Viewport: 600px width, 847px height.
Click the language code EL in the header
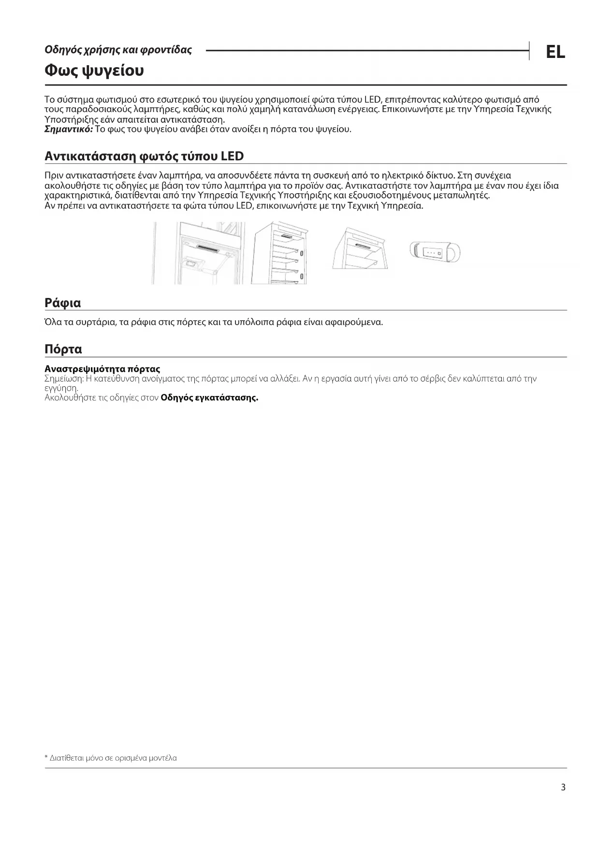pos(555,52)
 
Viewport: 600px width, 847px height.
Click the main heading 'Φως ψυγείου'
pos(94,71)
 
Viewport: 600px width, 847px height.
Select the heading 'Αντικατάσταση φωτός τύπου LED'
pos(144,156)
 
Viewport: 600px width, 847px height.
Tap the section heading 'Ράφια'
pos(62,303)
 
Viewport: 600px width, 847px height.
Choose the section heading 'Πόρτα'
pos(63,349)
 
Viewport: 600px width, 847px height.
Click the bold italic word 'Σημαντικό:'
pos(69,129)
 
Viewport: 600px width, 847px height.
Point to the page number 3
pos(563,788)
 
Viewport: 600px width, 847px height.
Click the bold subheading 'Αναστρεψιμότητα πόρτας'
pos(102,369)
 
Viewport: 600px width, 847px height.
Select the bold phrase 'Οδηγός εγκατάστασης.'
pos(209,398)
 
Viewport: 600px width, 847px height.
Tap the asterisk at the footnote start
pos(46,758)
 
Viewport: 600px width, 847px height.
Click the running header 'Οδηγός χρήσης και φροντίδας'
pos(118,50)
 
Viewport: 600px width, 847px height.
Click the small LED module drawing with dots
pos(435,252)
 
